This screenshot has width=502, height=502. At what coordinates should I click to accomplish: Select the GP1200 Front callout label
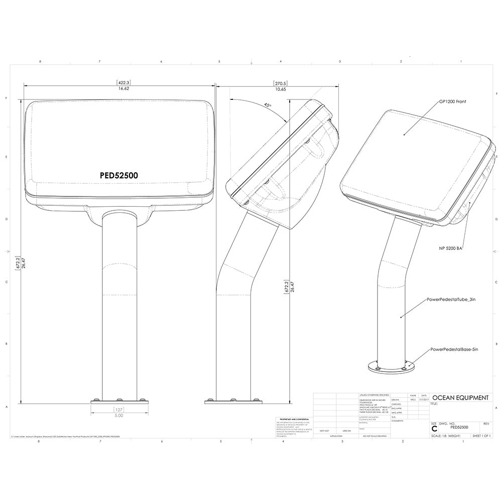coord(453,101)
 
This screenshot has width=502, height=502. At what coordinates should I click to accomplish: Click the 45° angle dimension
coord(268,105)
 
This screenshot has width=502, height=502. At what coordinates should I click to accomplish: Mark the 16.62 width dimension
coord(123,88)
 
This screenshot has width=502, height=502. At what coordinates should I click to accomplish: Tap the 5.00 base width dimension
coord(118,416)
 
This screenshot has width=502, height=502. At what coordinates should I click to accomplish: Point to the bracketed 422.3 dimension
coord(123,82)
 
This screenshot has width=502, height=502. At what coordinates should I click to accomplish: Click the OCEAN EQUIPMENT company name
coord(460,398)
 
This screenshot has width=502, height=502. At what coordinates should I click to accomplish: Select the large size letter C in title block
coord(434,428)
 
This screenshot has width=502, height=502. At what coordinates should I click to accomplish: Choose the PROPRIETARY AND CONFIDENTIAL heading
coord(294,418)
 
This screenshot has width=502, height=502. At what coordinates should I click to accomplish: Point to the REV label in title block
coord(485,424)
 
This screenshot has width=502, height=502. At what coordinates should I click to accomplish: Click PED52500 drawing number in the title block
coord(460,427)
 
